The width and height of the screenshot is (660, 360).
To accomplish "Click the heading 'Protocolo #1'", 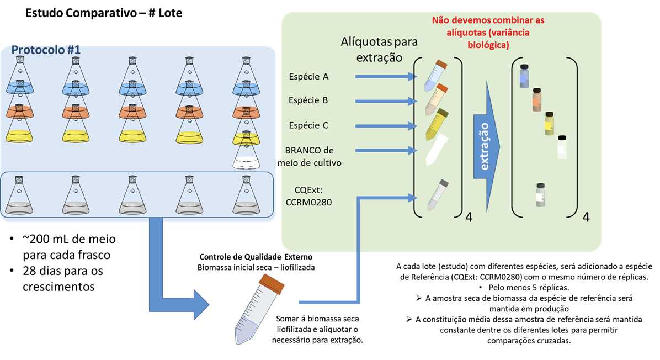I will [x=46, y=49].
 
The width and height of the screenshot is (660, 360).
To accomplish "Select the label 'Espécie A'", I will [x=308, y=76].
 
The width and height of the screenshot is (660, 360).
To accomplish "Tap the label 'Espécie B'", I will [x=308, y=100].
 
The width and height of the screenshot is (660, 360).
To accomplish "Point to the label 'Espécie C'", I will [x=308, y=125].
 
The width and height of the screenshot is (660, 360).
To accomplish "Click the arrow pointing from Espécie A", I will [x=384, y=76].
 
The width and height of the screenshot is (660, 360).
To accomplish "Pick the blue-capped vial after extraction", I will [x=524, y=76].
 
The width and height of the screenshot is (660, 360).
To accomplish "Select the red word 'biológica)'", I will [x=487, y=44].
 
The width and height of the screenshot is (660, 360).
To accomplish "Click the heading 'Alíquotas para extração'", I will [x=380, y=49].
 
